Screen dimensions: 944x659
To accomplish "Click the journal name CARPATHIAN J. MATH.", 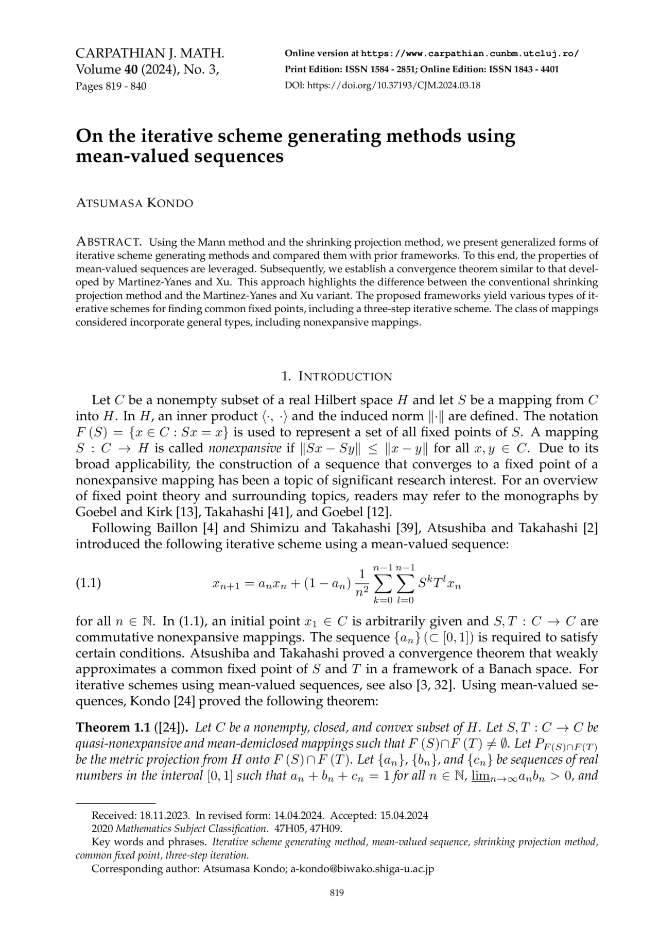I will click(x=150, y=53).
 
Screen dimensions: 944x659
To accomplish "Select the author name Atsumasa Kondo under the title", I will click(x=134, y=204).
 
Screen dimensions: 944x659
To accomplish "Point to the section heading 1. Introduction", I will click(x=337, y=376).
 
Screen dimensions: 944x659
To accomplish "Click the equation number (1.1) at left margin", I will click(x=88, y=583).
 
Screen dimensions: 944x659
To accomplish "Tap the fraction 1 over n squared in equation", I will click(x=362, y=583).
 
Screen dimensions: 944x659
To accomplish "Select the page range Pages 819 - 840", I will click(x=111, y=86).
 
